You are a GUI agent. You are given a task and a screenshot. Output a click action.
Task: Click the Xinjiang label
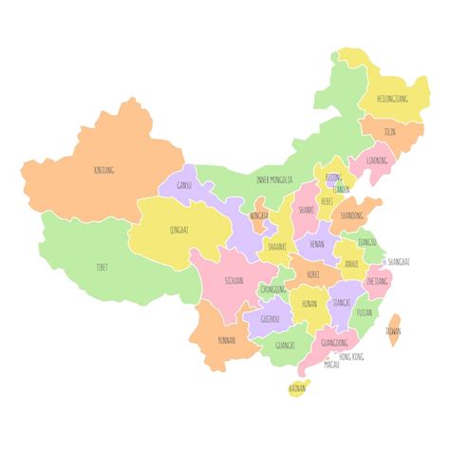point(104,170)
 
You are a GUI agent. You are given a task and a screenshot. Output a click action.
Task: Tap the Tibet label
point(103,267)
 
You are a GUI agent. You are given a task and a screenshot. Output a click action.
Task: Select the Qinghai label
point(179,230)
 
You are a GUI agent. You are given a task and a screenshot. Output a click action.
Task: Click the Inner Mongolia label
point(275,179)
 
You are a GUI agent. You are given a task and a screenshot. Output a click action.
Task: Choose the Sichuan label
point(234,281)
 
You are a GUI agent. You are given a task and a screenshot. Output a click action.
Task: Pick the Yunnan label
point(226,339)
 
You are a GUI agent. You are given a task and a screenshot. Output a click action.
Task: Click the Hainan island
point(298,387)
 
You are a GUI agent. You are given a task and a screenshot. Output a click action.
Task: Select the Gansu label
point(184,185)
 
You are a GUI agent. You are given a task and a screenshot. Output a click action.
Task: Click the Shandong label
point(352,216)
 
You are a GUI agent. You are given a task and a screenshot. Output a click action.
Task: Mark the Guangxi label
point(285,346)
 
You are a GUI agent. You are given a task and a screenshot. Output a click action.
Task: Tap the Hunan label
point(309,304)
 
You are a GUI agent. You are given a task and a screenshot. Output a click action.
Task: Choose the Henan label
point(317,244)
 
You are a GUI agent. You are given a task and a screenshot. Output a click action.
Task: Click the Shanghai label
point(399,260)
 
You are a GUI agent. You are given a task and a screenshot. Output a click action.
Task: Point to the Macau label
point(331,364)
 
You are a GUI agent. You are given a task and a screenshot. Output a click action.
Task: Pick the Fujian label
point(364,311)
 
